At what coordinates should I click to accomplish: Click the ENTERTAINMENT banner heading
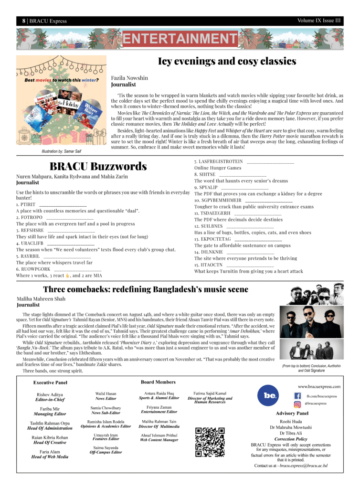pos(180,39)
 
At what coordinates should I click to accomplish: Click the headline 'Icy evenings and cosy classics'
pos(227,62)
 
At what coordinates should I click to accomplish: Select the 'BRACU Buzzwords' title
pos(98,166)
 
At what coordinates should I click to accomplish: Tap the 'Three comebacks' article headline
pos(146,289)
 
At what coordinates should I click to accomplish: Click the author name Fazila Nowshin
pos(129,77)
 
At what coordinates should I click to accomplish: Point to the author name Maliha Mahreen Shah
pos(40,299)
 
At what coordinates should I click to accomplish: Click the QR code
pos(210,442)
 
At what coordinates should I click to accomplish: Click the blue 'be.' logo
pos(270,396)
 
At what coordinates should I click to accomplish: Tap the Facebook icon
pos(297,396)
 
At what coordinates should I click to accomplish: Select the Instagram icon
pos(297,404)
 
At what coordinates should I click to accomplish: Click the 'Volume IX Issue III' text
pos(319,21)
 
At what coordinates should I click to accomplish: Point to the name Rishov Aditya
pos(50,394)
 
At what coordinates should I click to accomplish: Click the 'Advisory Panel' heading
pos(292,413)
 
